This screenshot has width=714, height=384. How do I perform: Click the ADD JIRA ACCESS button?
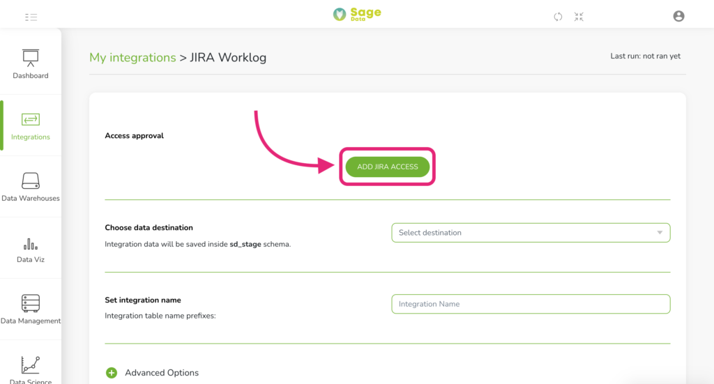tap(388, 167)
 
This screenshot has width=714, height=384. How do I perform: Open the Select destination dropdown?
tap(531, 233)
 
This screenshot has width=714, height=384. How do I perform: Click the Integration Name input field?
tap(531, 304)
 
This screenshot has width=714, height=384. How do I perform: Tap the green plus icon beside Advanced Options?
tap(112, 373)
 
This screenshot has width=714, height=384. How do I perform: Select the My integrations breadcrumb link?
tap(132, 57)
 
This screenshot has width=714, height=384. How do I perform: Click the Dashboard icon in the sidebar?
tap(31, 58)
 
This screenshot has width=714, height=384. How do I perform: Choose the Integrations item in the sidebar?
tap(31, 126)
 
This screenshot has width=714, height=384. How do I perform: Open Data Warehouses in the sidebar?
tap(31, 187)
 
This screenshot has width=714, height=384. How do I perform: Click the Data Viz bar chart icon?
tap(31, 245)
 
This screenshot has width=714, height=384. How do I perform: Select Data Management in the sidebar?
tap(31, 309)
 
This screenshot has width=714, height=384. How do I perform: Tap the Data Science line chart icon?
tap(31, 365)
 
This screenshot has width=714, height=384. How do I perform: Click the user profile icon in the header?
tap(678, 17)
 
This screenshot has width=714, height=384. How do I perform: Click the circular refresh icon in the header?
tap(558, 17)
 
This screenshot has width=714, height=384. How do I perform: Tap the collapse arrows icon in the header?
tap(579, 17)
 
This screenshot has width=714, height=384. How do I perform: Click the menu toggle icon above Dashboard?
tap(31, 17)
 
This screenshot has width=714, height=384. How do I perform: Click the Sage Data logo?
tap(357, 14)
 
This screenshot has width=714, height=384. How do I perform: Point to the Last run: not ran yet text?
tap(645, 56)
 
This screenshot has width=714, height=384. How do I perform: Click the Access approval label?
tap(134, 136)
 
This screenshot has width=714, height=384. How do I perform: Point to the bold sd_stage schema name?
tap(245, 245)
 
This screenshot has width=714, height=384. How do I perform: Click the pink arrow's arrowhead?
tap(327, 165)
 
